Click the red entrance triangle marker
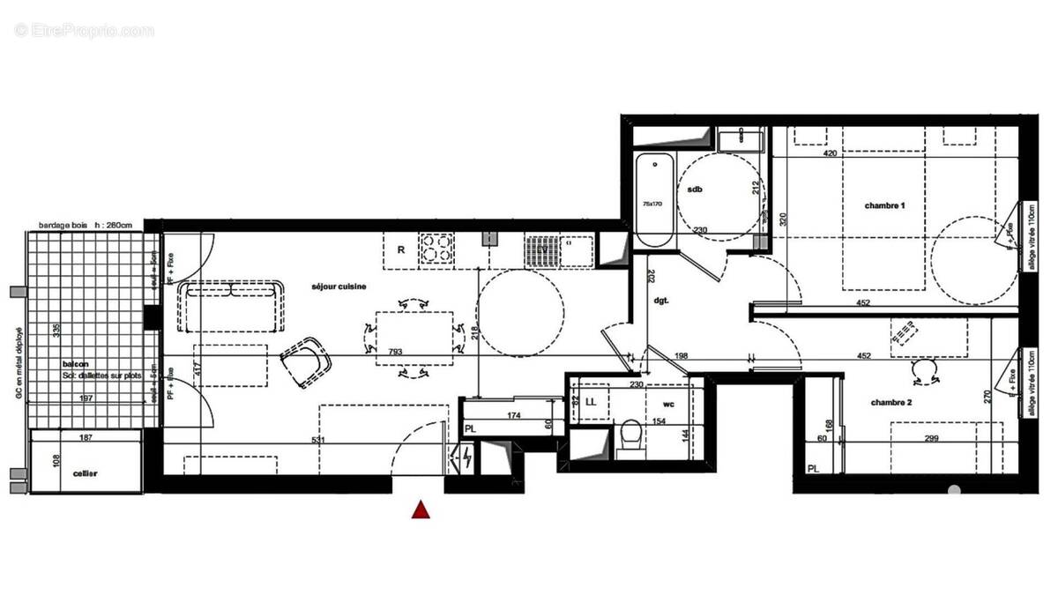click(421, 509)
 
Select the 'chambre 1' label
click(885, 205)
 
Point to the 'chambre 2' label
click(891, 402)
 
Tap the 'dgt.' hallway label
click(661, 300)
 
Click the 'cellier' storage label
click(85, 474)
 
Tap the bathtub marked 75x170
click(653, 200)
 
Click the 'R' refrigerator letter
click(400, 249)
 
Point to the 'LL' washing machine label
click(591, 402)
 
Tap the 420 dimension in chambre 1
click(830, 152)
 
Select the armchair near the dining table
click(305, 361)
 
